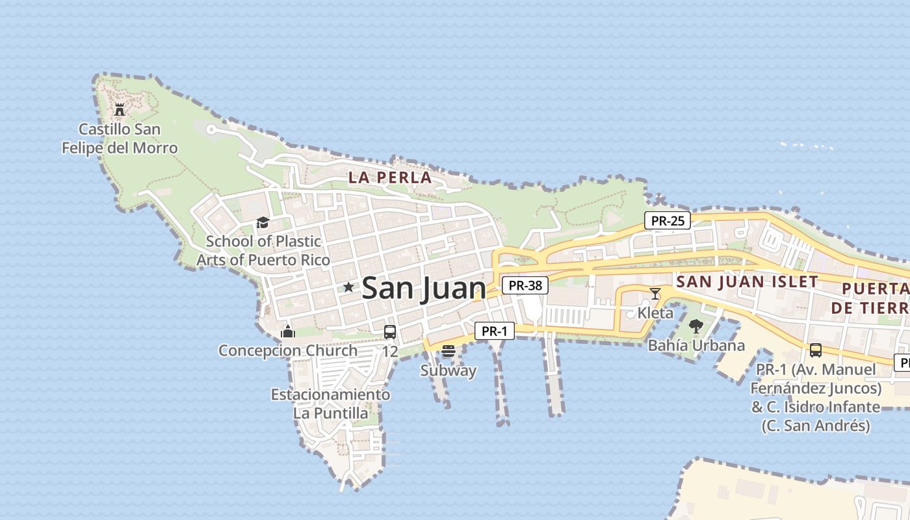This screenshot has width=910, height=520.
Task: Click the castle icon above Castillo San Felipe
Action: [x=120, y=109]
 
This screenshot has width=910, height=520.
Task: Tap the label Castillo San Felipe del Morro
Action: [x=120, y=138]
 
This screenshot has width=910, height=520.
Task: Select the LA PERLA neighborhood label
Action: [x=390, y=177]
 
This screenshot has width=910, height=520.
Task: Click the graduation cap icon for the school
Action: [x=263, y=223]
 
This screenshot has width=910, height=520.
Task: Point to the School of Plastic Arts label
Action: [x=263, y=250]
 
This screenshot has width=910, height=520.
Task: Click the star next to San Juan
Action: [x=348, y=287]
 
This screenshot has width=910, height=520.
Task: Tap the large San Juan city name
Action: [x=423, y=288]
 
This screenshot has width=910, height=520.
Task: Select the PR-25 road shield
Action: [x=668, y=220]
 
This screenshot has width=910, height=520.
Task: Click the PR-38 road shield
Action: [x=525, y=285]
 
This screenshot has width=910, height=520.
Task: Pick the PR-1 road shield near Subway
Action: [x=495, y=331]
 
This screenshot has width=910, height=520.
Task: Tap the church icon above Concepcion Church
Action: [x=288, y=332]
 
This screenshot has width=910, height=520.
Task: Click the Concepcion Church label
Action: [x=288, y=350]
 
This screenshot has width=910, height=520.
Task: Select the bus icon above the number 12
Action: [x=390, y=332]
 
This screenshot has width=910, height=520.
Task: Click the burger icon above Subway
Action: [x=448, y=352]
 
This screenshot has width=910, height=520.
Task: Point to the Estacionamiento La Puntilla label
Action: [x=331, y=404]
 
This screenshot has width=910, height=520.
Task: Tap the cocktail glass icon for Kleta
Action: [x=655, y=294]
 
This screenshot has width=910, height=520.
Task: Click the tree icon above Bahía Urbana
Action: [x=696, y=326]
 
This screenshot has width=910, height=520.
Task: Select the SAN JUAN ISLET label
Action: [x=747, y=281]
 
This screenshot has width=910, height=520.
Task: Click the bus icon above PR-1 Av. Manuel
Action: [x=816, y=350]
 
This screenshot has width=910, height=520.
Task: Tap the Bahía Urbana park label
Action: [x=696, y=345]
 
